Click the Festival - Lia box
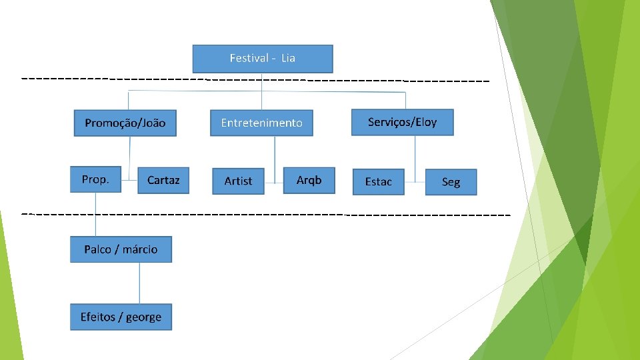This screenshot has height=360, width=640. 262,59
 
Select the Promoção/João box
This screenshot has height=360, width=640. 125,123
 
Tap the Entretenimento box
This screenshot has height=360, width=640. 261,123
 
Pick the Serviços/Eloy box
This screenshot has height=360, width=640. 402,122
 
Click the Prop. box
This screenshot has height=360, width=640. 95,179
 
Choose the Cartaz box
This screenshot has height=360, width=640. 163,180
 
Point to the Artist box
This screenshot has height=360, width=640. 238,181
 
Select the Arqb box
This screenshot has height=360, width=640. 309,180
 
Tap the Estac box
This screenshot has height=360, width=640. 378,181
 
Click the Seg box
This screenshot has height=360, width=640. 451,182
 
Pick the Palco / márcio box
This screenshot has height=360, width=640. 121,249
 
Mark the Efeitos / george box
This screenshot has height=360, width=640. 121,317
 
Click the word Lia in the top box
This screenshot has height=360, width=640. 288,58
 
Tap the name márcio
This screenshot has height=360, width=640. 140,249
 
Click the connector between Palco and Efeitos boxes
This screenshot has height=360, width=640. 139,283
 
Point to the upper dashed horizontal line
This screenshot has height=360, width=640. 253,79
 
